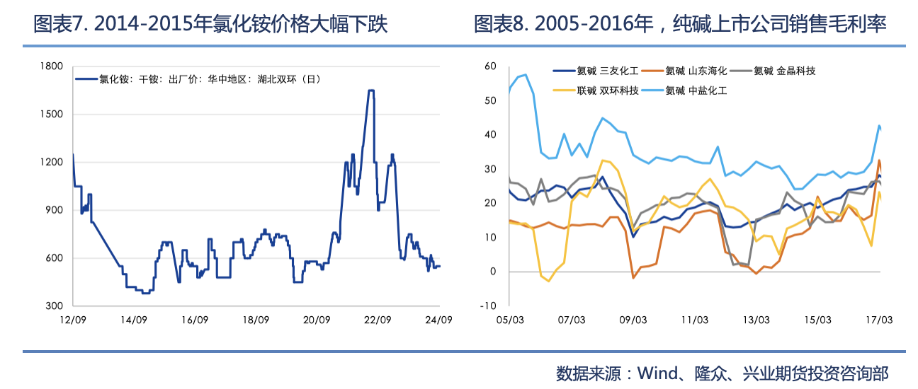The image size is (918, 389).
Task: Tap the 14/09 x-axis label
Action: click(133, 320)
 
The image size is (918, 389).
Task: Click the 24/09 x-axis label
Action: click(438, 320)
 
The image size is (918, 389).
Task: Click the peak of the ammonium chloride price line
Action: click(370, 91)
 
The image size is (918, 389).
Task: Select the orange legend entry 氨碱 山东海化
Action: click(696, 71)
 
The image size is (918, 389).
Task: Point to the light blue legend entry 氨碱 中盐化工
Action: click(696, 91)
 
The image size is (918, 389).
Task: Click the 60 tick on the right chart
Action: click(489, 66)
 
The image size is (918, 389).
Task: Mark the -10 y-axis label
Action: click(488, 306)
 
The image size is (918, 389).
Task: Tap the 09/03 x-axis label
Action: click(633, 320)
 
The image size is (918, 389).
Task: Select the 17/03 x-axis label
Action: click(878, 320)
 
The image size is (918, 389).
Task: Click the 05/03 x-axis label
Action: click(510, 320)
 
